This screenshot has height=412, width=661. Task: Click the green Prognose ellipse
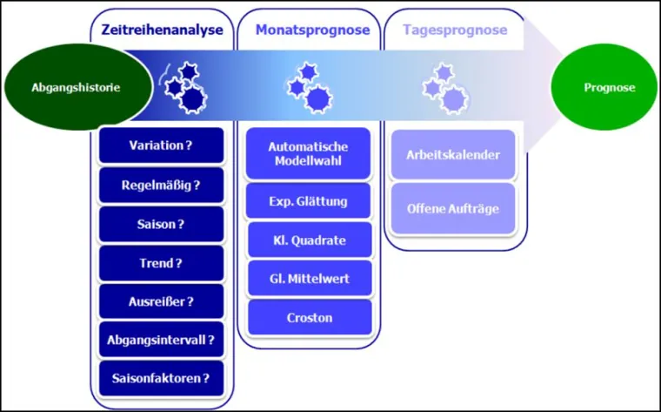(x=609, y=87)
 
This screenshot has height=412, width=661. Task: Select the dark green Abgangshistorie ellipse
(x=63, y=87)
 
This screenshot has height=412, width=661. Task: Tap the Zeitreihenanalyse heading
(x=161, y=30)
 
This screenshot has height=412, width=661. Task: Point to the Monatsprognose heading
(x=312, y=30)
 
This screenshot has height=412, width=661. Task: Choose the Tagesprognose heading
(x=455, y=30)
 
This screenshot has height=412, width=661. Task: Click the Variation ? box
(x=161, y=145)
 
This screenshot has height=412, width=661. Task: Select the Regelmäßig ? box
(x=161, y=185)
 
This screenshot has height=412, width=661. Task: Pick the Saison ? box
(x=161, y=224)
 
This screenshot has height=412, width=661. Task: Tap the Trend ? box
(x=161, y=262)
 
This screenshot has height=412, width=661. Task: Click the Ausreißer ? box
(x=161, y=301)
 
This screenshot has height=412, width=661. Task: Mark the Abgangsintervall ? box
(x=161, y=340)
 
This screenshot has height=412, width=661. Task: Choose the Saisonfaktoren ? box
(x=161, y=378)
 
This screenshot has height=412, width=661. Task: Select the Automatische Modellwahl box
(x=310, y=154)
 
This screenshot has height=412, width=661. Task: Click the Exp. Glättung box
(x=310, y=201)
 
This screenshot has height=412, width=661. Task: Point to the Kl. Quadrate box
(x=310, y=240)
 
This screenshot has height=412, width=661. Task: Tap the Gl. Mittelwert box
(x=310, y=278)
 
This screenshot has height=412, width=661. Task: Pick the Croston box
(x=310, y=317)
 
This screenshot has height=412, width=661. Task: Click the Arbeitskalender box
(x=453, y=155)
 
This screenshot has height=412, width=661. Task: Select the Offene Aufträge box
(x=453, y=208)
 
